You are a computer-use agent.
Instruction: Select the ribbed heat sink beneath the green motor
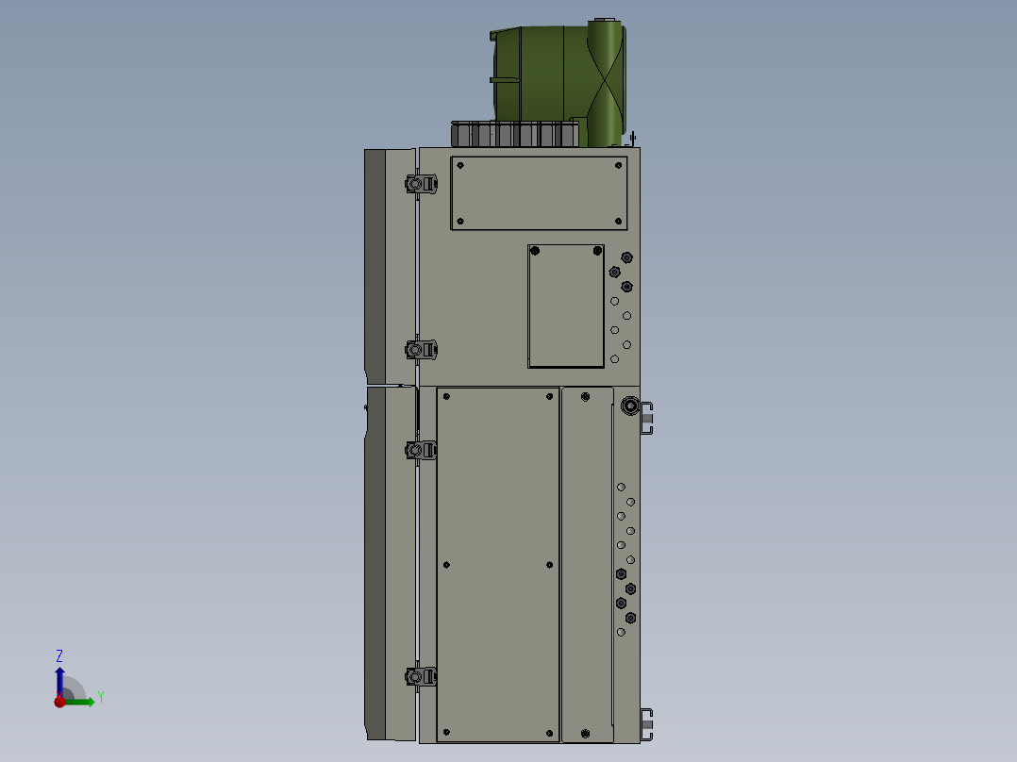tap(515, 134)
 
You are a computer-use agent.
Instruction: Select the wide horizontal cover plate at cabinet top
tap(539, 192)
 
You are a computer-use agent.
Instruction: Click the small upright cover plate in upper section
tap(565, 306)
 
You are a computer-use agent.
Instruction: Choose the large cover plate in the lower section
tap(498, 564)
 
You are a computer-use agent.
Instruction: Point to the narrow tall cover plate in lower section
tap(586, 564)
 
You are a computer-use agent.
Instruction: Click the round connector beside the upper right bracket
tap(629, 408)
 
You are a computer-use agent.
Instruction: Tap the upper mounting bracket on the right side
tap(648, 418)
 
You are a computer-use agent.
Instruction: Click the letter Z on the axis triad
tap(59, 655)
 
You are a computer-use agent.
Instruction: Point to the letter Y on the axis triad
tap(100, 697)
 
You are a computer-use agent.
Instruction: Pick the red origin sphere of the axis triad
tap(59, 701)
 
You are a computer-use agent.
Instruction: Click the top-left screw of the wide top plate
tap(460, 165)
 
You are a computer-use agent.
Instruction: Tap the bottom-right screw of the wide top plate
tap(619, 222)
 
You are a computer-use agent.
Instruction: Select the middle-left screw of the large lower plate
tap(446, 565)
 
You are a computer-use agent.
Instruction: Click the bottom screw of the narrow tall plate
tap(585, 733)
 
